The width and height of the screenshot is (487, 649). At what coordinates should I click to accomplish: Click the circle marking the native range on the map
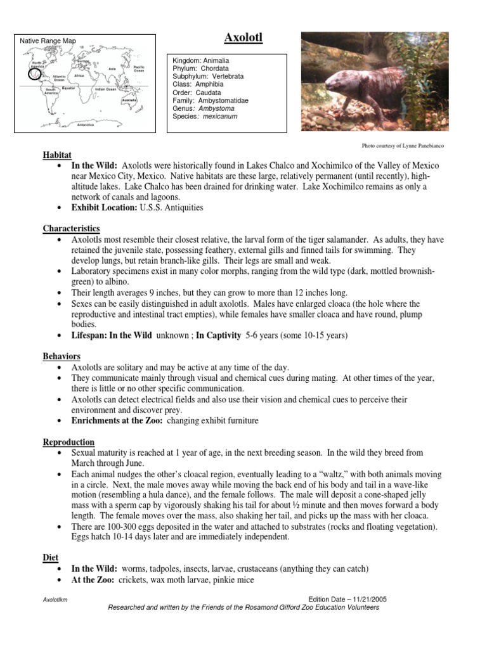click(36, 75)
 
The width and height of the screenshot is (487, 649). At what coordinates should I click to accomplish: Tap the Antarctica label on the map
click(86, 125)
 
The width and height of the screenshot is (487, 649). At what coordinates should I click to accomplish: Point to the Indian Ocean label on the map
click(105, 89)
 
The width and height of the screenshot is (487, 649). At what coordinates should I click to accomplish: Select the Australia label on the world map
click(129, 100)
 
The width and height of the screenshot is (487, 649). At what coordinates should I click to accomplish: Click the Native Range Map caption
click(48, 41)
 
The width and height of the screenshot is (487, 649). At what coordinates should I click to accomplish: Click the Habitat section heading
click(57, 155)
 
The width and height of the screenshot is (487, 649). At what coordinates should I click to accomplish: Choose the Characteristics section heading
click(71, 228)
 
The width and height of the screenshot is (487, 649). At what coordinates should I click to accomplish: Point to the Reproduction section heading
click(68, 442)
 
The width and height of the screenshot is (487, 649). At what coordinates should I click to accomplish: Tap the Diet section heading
click(50, 557)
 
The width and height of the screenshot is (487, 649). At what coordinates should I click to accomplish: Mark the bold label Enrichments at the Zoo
click(117, 421)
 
